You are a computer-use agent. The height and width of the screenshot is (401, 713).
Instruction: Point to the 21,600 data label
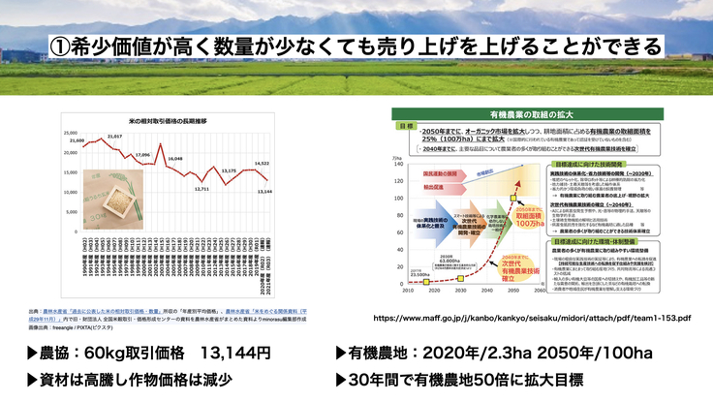(78, 141)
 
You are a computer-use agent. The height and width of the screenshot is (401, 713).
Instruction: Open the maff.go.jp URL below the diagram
(531, 317)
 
